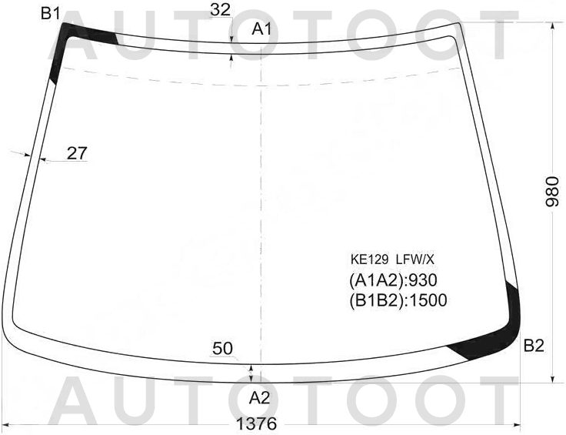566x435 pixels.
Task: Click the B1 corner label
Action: click(50, 13)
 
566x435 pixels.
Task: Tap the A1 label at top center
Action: click(261, 29)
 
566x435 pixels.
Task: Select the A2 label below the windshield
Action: click(259, 398)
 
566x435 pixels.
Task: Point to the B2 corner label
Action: click(534, 346)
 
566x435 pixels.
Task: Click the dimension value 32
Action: click(220, 10)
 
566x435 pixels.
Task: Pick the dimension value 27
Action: click(77, 153)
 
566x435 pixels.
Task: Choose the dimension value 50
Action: click(223, 349)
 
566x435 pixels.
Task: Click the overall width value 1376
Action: click(256, 423)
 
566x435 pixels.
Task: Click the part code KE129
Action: click(369, 259)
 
